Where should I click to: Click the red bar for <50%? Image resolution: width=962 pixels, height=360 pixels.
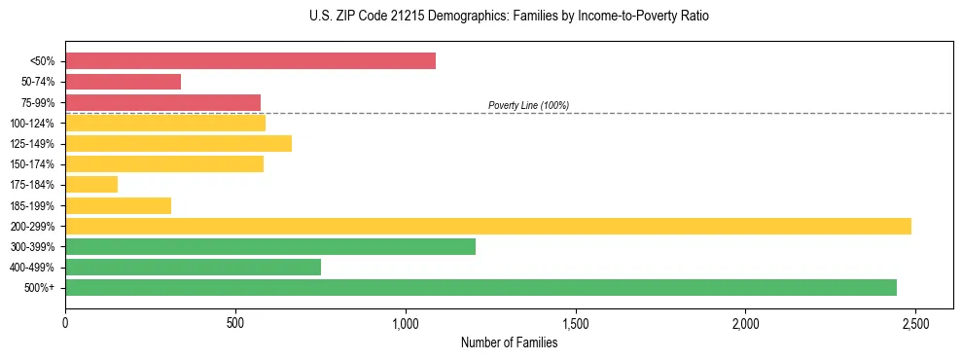point(250,61)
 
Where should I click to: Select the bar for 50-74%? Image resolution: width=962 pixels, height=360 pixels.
point(123,82)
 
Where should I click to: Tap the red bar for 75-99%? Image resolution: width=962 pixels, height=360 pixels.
point(162,102)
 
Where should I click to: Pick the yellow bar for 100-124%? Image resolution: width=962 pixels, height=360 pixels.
point(165,123)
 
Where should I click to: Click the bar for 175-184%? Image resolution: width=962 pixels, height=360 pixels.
point(91,185)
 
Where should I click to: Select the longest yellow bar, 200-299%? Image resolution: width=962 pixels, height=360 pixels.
point(488,226)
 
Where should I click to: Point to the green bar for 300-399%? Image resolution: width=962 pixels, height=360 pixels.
point(270,246)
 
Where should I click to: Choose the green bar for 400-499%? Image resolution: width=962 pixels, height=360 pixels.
point(193,268)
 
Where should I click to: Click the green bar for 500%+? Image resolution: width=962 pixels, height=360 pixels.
point(481,288)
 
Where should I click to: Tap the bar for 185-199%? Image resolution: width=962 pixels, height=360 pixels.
point(118,205)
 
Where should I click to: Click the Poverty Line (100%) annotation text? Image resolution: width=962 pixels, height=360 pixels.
point(528,105)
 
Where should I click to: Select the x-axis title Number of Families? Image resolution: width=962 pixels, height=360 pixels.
point(509,342)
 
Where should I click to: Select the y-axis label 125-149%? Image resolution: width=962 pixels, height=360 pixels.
point(32,144)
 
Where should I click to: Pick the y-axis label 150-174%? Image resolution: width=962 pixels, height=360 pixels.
point(32,164)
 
